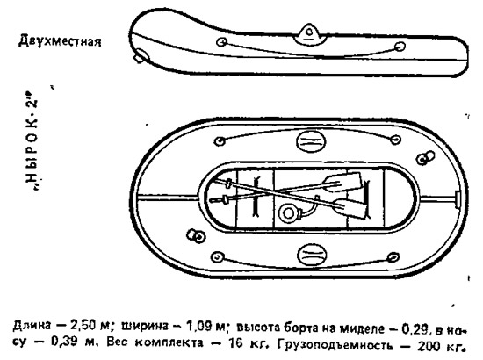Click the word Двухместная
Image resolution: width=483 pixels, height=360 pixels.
pyautogui.click(x=60, y=40)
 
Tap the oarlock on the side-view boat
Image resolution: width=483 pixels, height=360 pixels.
pyautogui.click(x=309, y=34)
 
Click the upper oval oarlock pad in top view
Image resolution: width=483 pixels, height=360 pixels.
pyautogui.click(x=311, y=141)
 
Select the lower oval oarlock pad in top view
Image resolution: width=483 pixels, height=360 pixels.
pyautogui.click(x=312, y=255)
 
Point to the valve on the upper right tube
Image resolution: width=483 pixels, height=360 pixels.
pyautogui.click(x=425, y=158)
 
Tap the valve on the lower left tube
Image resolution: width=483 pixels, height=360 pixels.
pyautogui.click(x=196, y=236)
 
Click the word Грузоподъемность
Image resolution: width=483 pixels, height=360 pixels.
pyautogui.click(x=335, y=346)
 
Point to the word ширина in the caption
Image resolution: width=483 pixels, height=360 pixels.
pyautogui.click(x=145, y=326)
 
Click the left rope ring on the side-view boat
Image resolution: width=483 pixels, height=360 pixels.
pyautogui.click(x=222, y=42)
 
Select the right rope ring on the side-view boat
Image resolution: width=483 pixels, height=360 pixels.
pyautogui.click(x=400, y=47)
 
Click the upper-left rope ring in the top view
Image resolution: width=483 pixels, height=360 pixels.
pyautogui.click(x=220, y=141)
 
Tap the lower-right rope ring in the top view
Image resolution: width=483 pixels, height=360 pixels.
pyautogui.click(x=393, y=257)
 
